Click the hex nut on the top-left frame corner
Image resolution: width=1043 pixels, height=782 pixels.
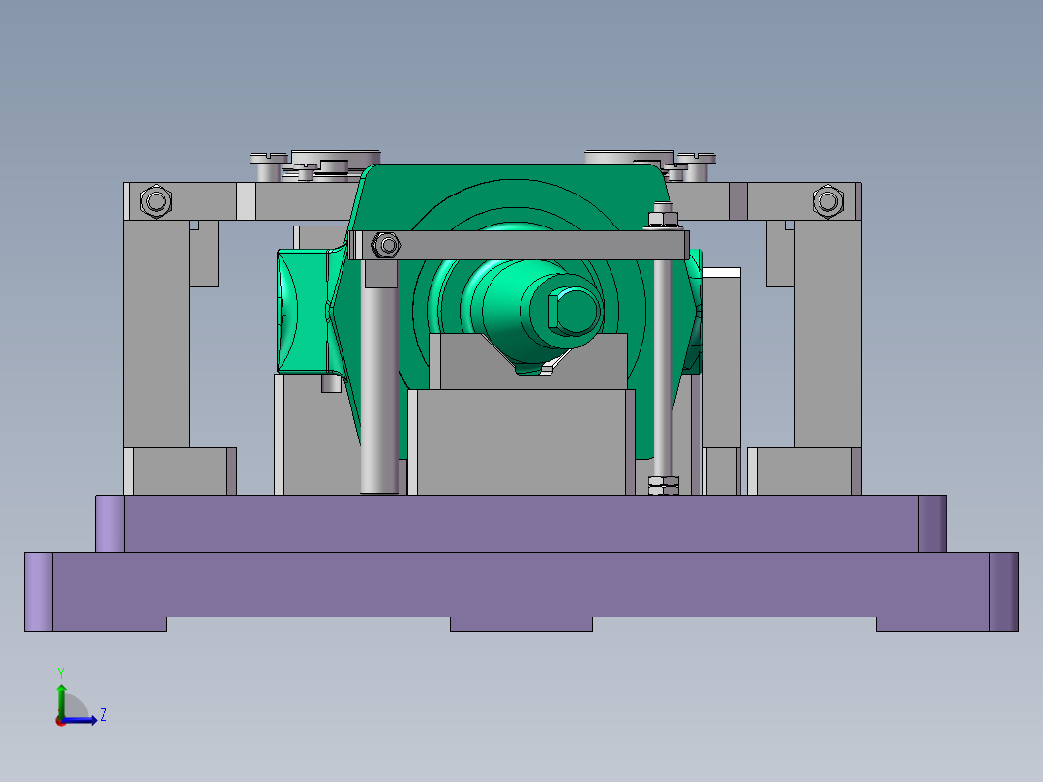(x=155, y=201)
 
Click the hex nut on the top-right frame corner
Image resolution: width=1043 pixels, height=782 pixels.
(x=827, y=201)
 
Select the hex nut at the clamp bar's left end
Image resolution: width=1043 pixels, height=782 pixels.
(x=385, y=245)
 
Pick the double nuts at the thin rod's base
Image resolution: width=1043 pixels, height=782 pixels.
(x=663, y=484)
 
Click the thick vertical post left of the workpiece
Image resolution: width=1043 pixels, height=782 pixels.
(x=379, y=387)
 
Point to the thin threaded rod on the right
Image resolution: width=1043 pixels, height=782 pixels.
(x=663, y=368)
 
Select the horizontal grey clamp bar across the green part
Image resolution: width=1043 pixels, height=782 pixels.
(x=522, y=245)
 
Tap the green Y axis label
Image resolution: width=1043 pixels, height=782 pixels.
(x=61, y=672)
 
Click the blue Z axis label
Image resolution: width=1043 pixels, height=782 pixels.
(x=103, y=715)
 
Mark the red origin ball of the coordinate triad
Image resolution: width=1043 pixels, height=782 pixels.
(x=60, y=721)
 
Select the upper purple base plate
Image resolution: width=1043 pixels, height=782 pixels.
(x=521, y=523)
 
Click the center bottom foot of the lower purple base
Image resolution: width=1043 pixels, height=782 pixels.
(x=521, y=624)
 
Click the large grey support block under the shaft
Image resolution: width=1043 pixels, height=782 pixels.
(x=521, y=440)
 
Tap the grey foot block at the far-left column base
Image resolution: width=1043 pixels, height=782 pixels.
(x=181, y=471)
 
